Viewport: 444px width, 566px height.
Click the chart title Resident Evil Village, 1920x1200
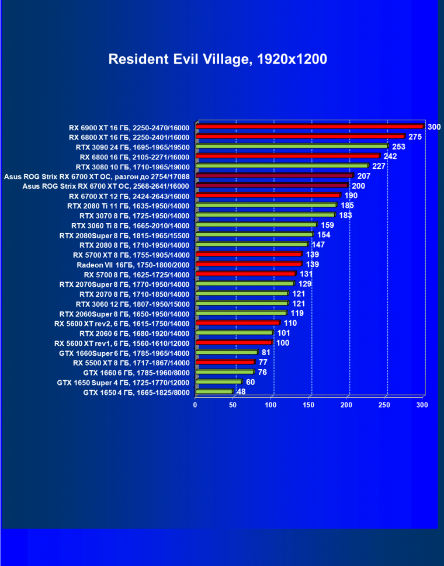217,59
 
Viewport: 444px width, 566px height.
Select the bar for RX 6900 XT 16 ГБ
309,126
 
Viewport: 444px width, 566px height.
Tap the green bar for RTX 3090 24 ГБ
292,146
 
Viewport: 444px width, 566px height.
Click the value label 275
415,137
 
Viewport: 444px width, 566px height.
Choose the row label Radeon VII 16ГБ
133,264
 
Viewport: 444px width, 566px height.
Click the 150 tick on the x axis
309,404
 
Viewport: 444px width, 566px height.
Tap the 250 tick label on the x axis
385,404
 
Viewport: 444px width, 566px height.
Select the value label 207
364,176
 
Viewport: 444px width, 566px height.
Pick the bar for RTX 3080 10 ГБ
282,166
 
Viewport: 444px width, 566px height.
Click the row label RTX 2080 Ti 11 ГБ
129,205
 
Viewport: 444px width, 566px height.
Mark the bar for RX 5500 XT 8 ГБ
225,362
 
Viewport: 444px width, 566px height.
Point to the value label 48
241,392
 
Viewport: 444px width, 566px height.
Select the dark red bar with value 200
272,185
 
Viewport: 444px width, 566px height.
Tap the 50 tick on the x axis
233,404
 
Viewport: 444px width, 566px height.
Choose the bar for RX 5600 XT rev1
234,342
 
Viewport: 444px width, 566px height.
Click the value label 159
327,225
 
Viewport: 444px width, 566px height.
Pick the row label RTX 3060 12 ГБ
133,303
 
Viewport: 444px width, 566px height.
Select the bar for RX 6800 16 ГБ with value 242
287,156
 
